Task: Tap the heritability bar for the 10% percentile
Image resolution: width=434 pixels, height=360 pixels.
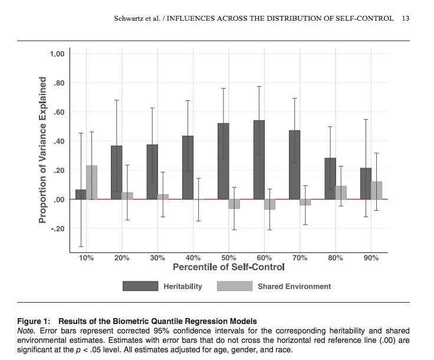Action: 81,194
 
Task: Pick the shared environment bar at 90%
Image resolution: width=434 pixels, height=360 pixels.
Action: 376,190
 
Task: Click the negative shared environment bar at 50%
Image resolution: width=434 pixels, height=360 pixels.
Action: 234,204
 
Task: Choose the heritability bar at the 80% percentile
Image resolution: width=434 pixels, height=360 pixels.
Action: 330,179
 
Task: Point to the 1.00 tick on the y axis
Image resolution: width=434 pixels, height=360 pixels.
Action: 57,54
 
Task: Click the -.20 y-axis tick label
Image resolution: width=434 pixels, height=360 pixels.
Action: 57,229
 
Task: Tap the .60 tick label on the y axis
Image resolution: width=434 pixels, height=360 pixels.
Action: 58,112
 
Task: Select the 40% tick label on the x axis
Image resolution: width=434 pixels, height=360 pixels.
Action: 193,258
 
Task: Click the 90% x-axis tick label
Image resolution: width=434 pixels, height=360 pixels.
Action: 371,258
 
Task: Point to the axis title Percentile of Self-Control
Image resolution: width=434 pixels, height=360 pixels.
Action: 229,267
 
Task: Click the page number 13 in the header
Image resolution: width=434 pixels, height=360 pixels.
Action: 405,18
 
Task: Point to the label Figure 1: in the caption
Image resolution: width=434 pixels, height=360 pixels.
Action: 34,322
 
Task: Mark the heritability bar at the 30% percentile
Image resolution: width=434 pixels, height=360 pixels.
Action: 152,172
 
